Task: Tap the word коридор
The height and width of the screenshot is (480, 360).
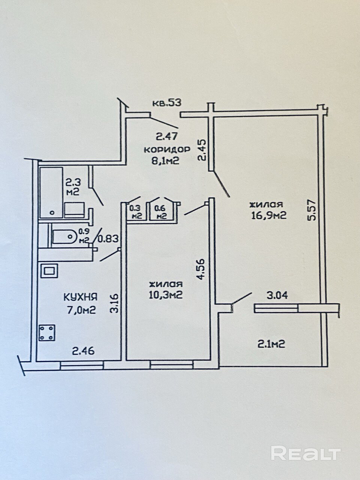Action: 166,149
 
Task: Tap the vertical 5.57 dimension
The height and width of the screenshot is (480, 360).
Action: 313,209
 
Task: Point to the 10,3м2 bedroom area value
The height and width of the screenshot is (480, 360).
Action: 165,295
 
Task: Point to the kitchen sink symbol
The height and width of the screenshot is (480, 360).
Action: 49,270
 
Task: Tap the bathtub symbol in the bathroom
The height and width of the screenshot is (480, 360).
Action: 51,192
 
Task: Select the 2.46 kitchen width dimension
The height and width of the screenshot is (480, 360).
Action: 83,351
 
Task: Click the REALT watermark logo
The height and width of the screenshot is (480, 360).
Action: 306,453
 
